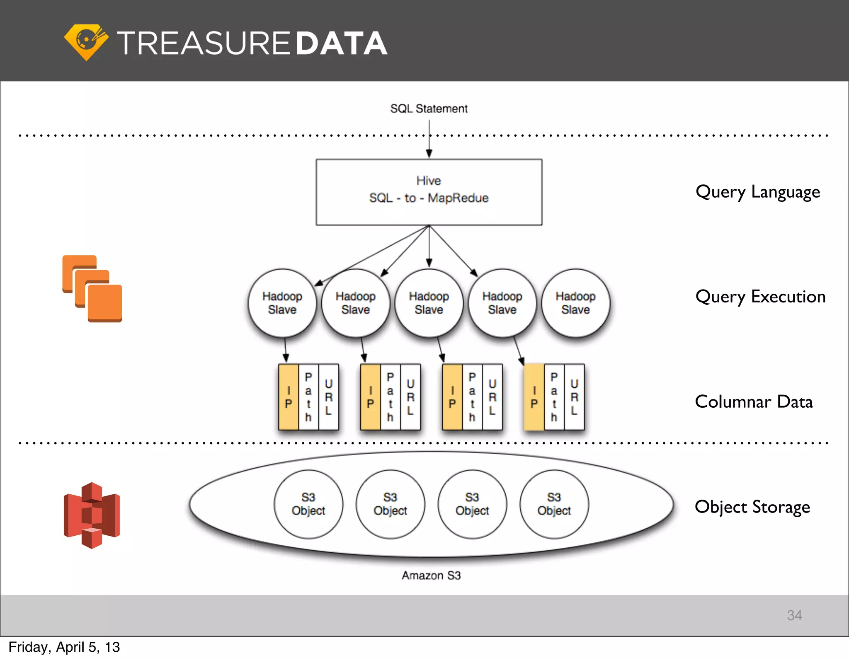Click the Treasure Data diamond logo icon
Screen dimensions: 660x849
pyautogui.click(x=86, y=42)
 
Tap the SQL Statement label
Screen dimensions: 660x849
pyautogui.click(x=429, y=109)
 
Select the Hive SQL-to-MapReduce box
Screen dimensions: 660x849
pyautogui.click(x=429, y=192)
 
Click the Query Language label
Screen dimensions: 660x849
pyautogui.click(x=757, y=192)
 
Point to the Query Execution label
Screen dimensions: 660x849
pyautogui.click(x=760, y=297)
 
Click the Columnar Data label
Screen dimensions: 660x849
pyautogui.click(x=753, y=402)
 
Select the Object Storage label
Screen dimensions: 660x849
pyautogui.click(x=752, y=507)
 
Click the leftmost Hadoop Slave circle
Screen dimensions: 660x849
pyautogui.click(x=282, y=303)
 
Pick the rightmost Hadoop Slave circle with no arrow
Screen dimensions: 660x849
pyautogui.click(x=575, y=303)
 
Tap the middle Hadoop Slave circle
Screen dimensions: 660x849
pyautogui.click(x=429, y=303)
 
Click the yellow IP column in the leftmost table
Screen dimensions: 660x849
pyautogui.click(x=289, y=397)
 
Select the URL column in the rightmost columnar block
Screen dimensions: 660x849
pyautogui.click(x=574, y=397)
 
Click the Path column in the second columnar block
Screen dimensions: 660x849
pyautogui.click(x=390, y=397)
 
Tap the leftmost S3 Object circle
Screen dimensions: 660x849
pyautogui.click(x=308, y=504)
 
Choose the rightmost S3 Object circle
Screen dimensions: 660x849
pyautogui.click(x=554, y=504)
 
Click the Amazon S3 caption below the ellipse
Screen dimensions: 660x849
pyautogui.click(x=431, y=575)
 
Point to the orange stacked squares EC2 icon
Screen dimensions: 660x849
pyautogui.click(x=92, y=289)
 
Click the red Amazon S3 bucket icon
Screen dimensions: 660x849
pyautogui.click(x=92, y=515)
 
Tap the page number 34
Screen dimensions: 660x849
pyautogui.click(x=794, y=615)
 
